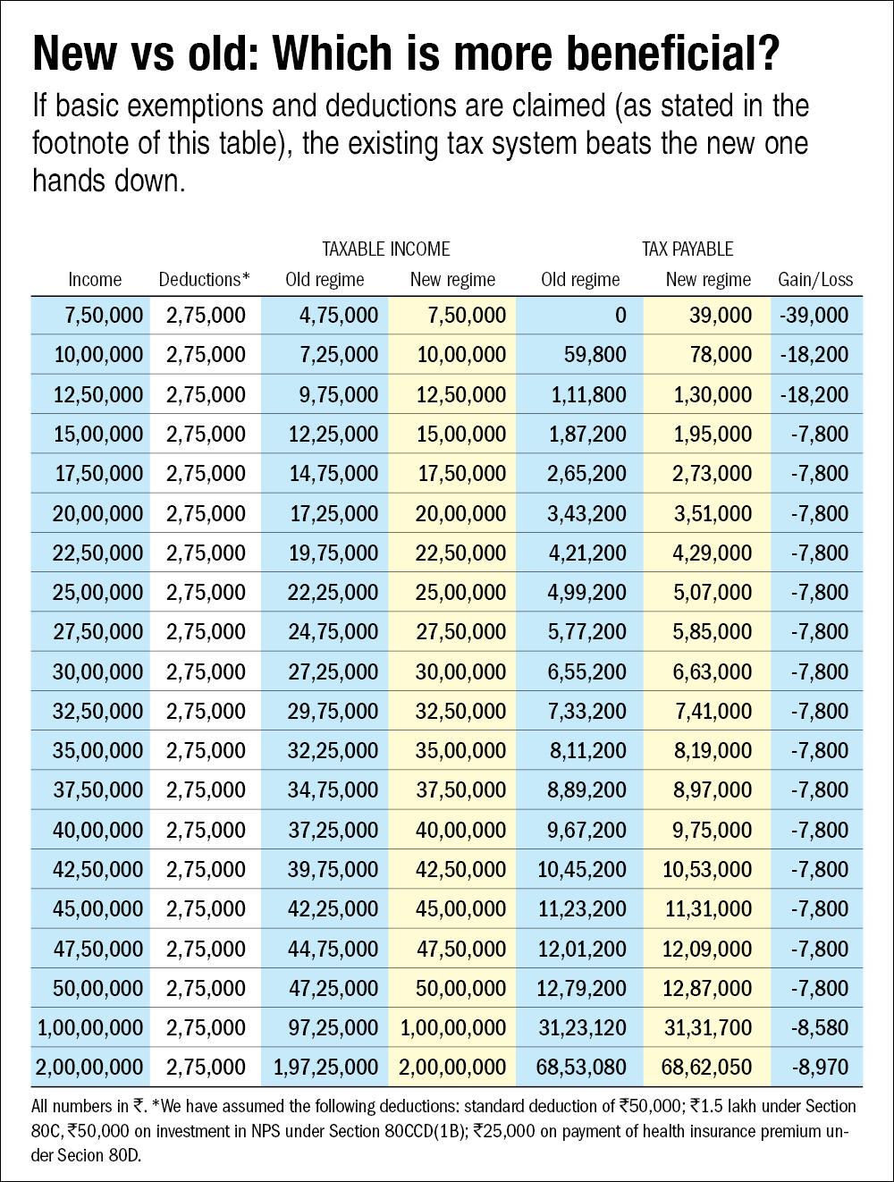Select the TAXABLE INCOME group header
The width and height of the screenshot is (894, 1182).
click(x=386, y=249)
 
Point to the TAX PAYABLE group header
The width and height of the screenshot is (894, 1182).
click(x=687, y=249)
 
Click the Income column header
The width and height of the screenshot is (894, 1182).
click(x=95, y=280)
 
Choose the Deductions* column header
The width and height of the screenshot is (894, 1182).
click(x=205, y=280)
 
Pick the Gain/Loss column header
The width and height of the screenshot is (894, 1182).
click(x=815, y=280)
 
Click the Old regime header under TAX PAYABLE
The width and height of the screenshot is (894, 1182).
click(x=580, y=280)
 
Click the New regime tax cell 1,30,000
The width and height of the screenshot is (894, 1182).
click(x=713, y=394)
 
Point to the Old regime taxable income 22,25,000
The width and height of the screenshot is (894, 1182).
click(x=333, y=592)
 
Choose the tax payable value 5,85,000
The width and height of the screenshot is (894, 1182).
click(x=713, y=631)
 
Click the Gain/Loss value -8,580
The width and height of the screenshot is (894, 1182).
click(x=819, y=1027)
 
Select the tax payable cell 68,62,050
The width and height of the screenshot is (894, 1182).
click(x=707, y=1067)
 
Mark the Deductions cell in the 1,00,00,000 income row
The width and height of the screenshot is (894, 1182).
click(x=206, y=1027)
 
